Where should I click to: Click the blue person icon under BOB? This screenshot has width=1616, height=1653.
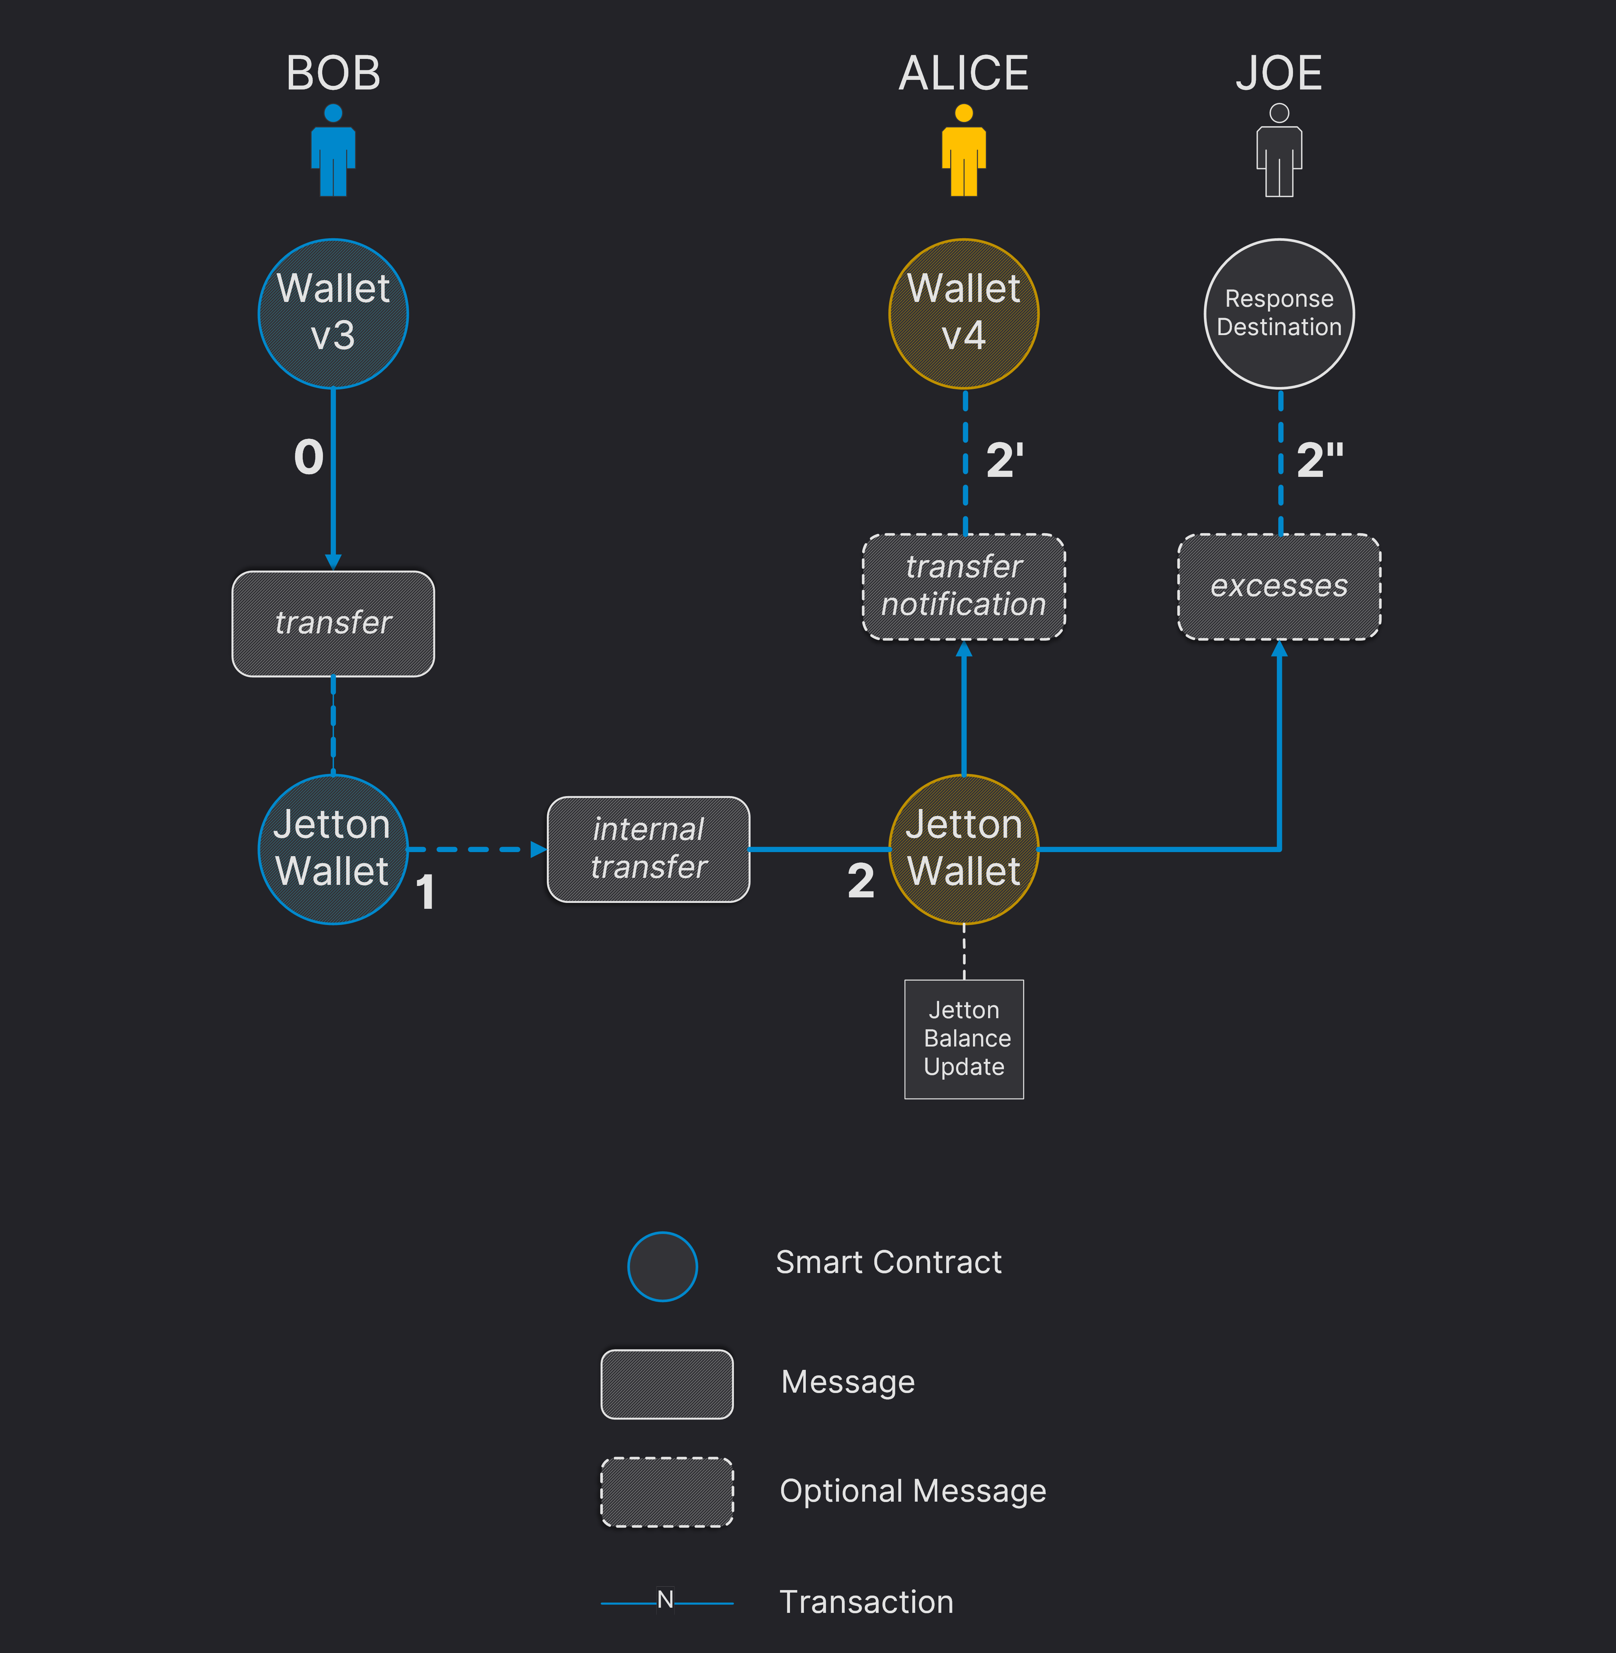[333, 151]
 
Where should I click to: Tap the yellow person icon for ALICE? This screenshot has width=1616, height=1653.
[963, 151]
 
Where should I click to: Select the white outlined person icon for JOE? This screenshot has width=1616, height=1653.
[1279, 151]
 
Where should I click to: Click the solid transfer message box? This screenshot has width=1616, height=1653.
[333, 624]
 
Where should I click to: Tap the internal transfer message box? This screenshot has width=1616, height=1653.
[649, 848]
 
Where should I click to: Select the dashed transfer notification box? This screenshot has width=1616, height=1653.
[963, 586]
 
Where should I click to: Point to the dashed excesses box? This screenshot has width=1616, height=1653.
[1279, 586]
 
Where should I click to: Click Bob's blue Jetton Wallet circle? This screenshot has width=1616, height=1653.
[333, 848]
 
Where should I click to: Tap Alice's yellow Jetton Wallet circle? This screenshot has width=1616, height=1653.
[963, 848]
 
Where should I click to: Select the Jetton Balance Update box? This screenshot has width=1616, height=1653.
[963, 1039]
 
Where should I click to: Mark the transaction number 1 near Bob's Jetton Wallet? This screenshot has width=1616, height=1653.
[425, 893]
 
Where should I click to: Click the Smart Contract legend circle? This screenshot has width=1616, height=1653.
[662, 1266]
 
